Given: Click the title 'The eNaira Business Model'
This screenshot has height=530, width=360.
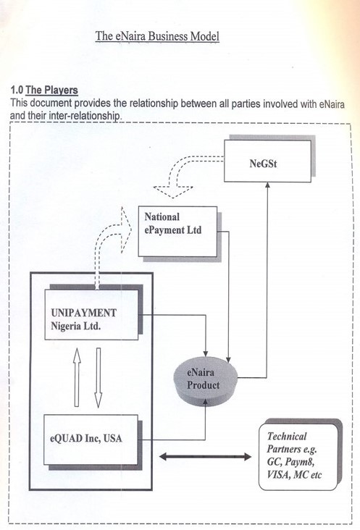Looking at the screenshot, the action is (157, 36).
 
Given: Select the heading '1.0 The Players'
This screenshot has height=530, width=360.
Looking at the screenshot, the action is (44, 91).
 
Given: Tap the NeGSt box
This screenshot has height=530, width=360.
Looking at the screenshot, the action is (267, 161).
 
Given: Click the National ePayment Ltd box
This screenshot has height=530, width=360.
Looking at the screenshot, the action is (177, 231).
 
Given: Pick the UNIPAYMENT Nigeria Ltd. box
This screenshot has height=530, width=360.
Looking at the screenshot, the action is (91, 314).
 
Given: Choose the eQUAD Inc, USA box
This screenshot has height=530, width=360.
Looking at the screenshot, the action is (91, 439).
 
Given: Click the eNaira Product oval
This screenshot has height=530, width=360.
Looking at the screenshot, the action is (206, 380).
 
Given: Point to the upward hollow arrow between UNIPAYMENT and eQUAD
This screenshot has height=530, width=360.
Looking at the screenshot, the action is (77, 377).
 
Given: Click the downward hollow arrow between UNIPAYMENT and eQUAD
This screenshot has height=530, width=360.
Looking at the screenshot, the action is (99, 377).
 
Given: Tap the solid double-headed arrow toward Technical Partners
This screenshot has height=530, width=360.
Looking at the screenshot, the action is (205, 457).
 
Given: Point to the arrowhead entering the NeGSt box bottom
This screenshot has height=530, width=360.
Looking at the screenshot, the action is (267, 185).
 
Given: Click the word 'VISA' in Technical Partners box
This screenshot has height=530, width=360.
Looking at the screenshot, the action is (278, 474).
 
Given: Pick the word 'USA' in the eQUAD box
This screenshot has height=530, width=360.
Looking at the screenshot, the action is (112, 438).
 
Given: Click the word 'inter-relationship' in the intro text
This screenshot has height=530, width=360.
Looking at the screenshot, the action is (85, 116).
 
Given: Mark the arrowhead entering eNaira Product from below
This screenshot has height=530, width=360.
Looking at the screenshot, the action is (205, 402).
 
